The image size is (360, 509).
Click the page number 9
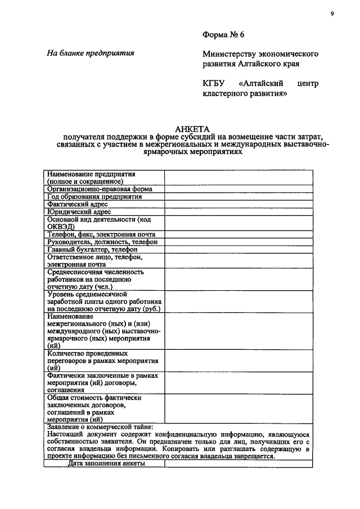[332, 15]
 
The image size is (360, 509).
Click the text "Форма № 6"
[223, 35]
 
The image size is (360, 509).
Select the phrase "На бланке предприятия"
[90, 54]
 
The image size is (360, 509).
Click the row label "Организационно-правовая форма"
[100, 190]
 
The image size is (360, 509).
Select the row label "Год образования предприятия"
[94, 197]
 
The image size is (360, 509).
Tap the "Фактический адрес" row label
[78, 205]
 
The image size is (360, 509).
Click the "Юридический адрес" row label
[79, 212]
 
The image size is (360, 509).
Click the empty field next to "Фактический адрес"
[238, 205]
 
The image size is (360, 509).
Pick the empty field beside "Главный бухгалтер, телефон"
[238, 249]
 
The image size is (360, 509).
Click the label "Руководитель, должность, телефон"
[102, 242]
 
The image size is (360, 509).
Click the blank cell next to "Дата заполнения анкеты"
[238, 464]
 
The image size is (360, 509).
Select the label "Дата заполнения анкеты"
[107, 464]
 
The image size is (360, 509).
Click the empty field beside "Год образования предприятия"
[238, 197]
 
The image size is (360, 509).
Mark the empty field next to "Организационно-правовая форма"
[238, 190]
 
